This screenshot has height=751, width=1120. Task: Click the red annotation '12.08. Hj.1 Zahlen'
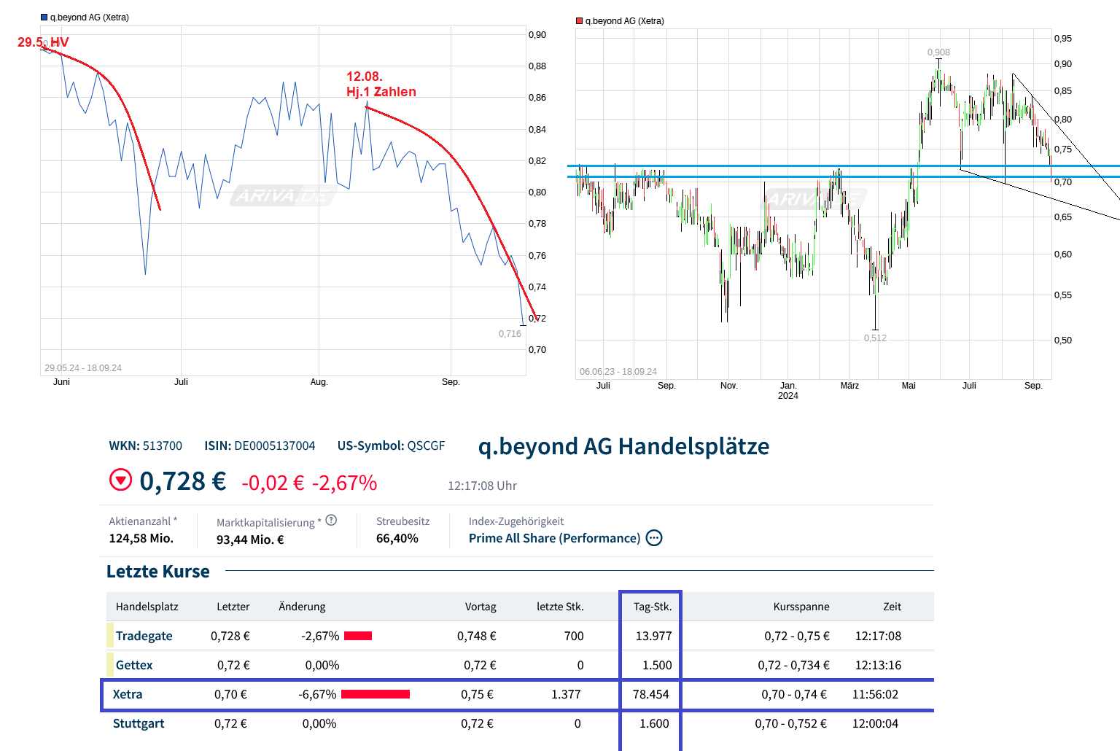[381, 84]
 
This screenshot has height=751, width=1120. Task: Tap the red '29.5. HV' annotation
[43, 42]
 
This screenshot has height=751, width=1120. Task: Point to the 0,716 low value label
[510, 334]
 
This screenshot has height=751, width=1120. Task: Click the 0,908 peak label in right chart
[938, 52]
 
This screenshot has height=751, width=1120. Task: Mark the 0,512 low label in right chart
[875, 338]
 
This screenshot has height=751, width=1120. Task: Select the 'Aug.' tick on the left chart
[319, 382]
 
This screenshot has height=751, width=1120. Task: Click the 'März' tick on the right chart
[849, 386]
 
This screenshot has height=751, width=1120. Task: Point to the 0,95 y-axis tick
[1062, 39]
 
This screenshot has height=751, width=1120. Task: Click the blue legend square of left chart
[44, 17]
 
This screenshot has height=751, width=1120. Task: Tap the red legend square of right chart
[580, 21]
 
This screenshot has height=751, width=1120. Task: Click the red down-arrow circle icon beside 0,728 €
[120, 480]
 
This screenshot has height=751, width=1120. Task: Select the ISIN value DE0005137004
[274, 445]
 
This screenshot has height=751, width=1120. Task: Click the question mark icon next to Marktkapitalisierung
[331, 520]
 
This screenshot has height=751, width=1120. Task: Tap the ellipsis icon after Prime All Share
[654, 538]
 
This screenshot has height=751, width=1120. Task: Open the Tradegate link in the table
[144, 636]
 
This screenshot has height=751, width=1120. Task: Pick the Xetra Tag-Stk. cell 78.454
[650, 694]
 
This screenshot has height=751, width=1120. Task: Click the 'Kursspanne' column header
[801, 607]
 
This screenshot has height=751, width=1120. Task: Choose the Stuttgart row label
[139, 723]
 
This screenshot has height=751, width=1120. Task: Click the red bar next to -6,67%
[375, 694]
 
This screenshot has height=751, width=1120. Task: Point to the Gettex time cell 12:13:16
[878, 665]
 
